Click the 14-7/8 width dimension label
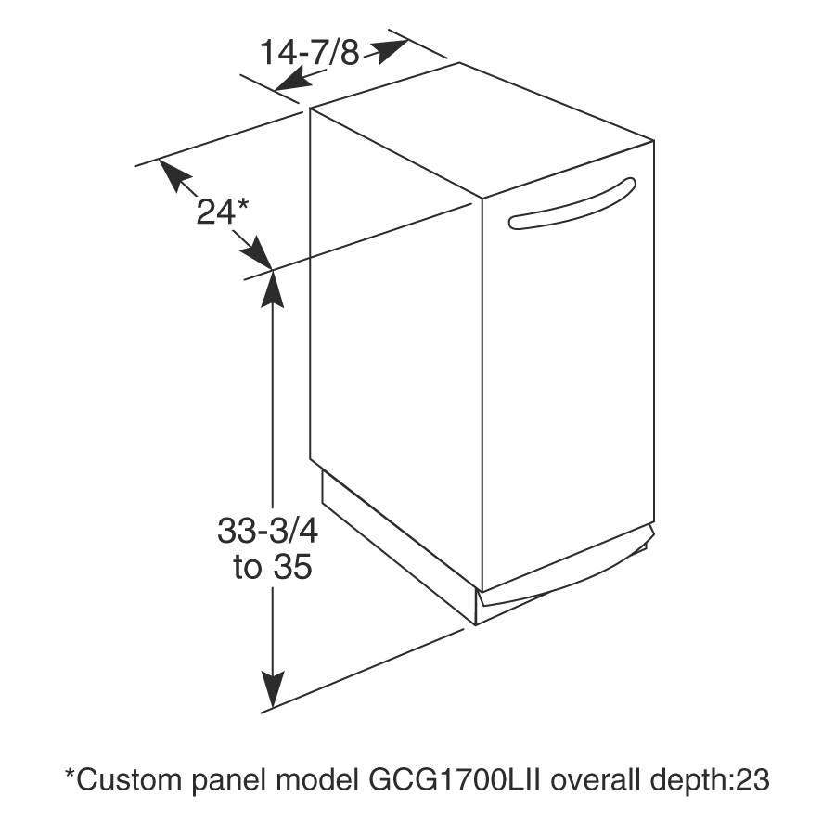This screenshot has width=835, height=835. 309,53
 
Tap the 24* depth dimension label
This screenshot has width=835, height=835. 223,212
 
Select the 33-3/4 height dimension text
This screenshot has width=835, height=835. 267,531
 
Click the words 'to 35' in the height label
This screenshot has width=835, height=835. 273,567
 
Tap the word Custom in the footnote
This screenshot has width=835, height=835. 129,780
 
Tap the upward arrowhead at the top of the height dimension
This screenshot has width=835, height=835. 273,289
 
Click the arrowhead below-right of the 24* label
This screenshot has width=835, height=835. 257,253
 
